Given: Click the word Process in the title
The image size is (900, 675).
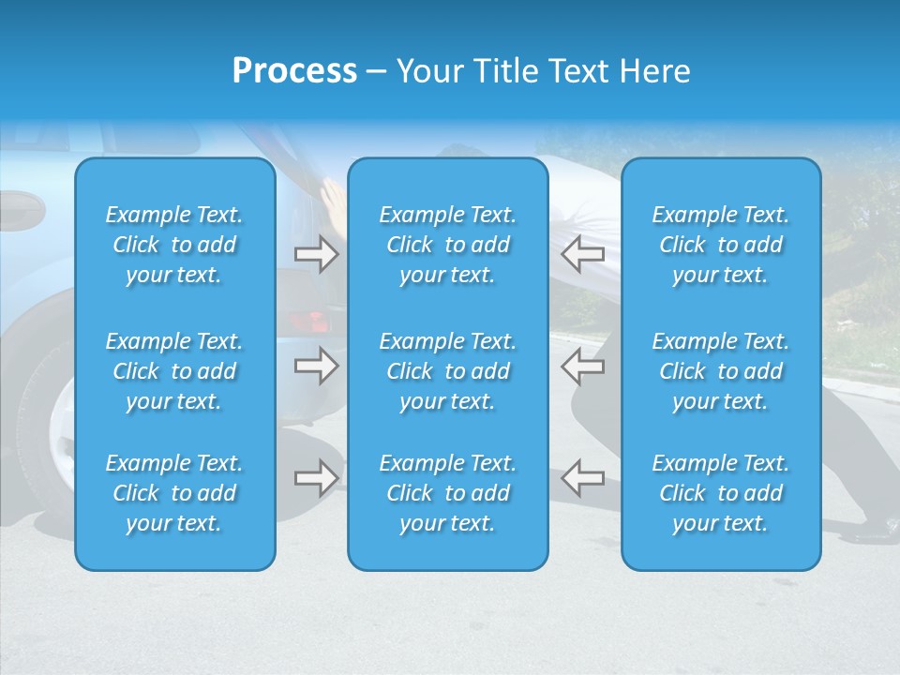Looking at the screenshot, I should click(x=294, y=71).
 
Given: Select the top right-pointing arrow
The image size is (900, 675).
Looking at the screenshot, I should click(x=317, y=254).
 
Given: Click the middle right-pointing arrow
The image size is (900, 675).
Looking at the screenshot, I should click(x=317, y=366).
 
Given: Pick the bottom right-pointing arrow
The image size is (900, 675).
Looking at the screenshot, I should click(x=317, y=478).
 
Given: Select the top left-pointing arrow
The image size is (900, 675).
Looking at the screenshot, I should click(x=582, y=254).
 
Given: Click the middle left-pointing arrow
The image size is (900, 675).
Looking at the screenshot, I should click(x=582, y=366).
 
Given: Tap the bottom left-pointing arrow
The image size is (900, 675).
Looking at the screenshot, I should click(x=582, y=478).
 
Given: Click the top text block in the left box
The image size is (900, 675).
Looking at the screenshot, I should click(x=174, y=245).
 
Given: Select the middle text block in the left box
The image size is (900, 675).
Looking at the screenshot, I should click(x=174, y=371).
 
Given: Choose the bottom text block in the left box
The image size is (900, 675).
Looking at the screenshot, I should click(x=174, y=493).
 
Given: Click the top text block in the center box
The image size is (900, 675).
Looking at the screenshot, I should click(x=448, y=245).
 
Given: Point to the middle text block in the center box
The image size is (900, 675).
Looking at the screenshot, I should click(x=448, y=371).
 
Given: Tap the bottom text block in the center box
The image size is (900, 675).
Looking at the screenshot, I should click(x=448, y=493).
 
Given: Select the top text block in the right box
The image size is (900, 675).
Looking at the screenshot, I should click(x=721, y=245).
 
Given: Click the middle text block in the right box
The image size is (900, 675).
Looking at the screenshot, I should click(x=721, y=371).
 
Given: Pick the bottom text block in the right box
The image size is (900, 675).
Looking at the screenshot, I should click(x=721, y=493).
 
